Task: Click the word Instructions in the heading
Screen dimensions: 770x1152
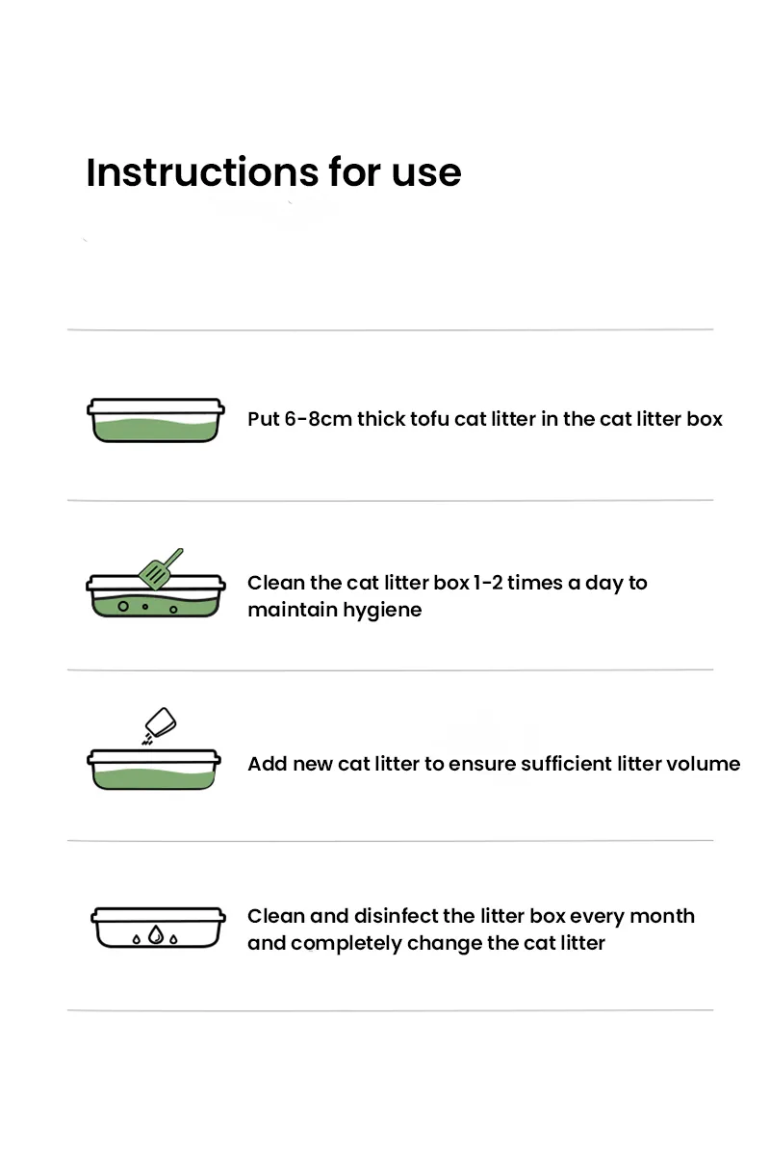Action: (202, 171)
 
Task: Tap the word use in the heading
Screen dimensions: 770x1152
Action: (426, 173)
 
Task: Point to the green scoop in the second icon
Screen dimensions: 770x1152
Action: (160, 569)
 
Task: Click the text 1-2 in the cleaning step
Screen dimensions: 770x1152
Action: (488, 583)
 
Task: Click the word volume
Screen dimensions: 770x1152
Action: (703, 764)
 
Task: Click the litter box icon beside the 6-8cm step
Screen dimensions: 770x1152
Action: (156, 420)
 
